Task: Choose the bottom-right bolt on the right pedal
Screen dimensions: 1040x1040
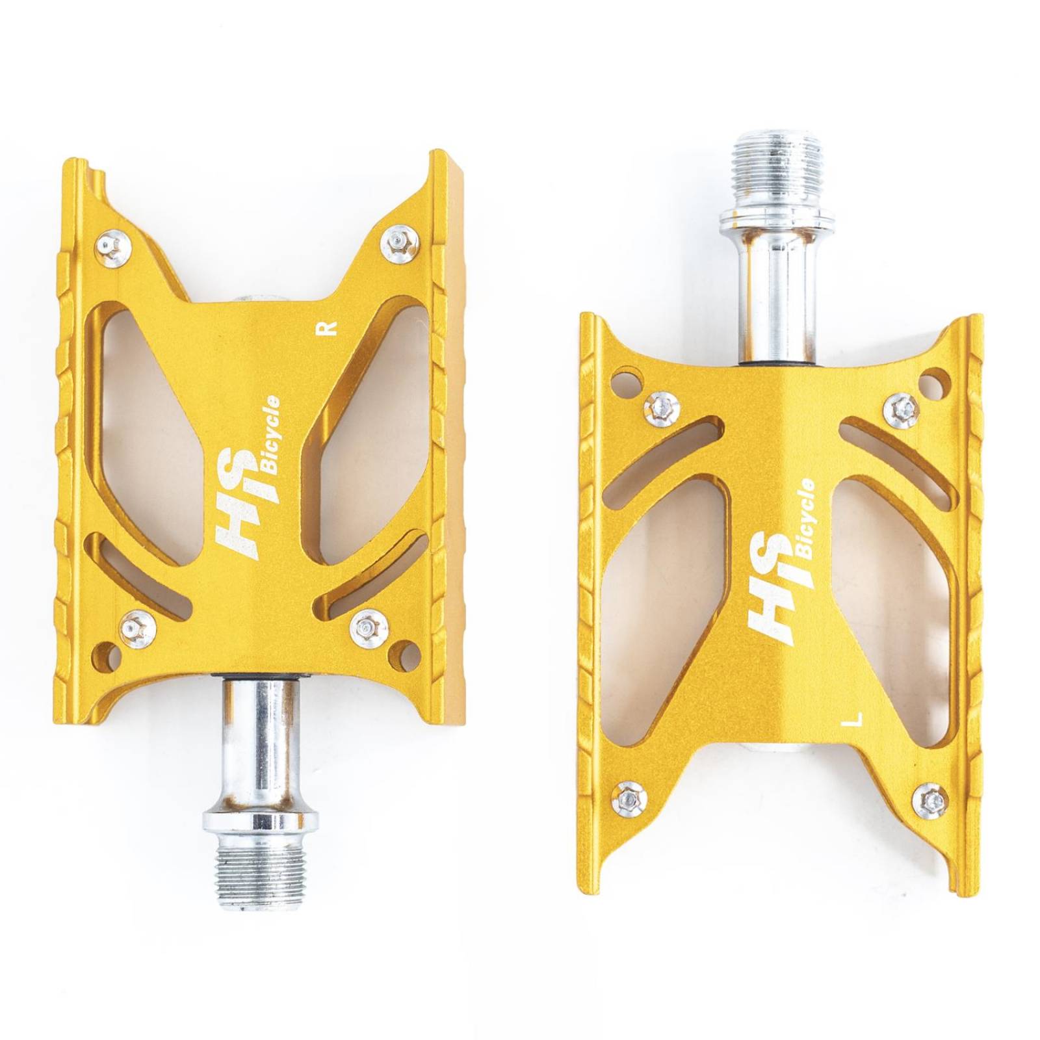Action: tap(931, 799)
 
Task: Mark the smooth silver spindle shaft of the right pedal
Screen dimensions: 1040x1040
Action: tap(777, 292)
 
